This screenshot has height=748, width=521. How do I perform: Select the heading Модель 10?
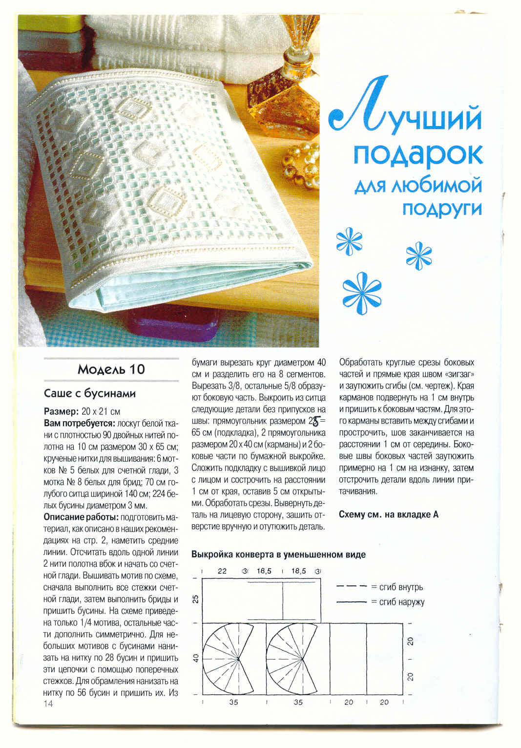click(111, 369)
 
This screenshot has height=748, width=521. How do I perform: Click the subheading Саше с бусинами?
click(90, 393)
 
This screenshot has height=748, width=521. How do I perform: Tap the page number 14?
click(48, 704)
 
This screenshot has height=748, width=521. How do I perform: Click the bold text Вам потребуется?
click(79, 423)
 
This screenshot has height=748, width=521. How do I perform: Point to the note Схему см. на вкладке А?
click(388, 514)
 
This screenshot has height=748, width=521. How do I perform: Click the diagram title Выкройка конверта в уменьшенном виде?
click(278, 555)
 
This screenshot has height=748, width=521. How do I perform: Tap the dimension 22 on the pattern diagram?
click(222, 571)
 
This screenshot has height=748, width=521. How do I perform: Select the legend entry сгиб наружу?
click(401, 602)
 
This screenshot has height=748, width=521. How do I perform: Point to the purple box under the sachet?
click(171, 325)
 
